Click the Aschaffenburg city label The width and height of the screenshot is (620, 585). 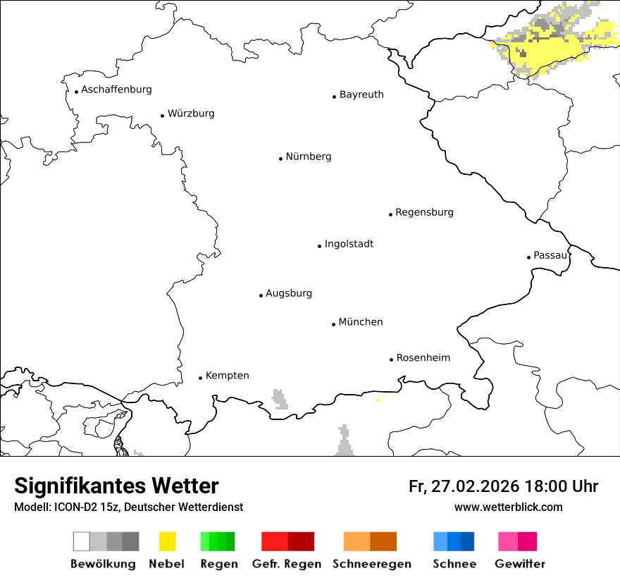[116, 90]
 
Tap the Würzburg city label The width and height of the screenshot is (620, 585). [191, 113]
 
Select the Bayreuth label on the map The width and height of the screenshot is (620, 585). [361, 94]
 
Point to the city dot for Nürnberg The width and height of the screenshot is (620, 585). [280, 159]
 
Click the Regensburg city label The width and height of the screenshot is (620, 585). [424, 212]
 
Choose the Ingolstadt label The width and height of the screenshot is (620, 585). [349, 244]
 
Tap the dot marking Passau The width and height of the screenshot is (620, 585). [528, 257]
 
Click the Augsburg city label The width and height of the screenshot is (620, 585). [289, 293]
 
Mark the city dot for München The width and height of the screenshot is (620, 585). [333, 324]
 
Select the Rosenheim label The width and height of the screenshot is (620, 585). [423, 358]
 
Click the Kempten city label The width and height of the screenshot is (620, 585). [227, 376]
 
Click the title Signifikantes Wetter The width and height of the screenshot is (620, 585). [116, 486]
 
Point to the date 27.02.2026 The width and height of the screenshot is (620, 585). [475, 486]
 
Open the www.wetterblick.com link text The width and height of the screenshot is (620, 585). [508, 507]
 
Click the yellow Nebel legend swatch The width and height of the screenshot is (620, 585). [167, 541]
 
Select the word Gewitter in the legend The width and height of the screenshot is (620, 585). [520, 564]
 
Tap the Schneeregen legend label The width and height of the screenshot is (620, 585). [372, 564]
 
